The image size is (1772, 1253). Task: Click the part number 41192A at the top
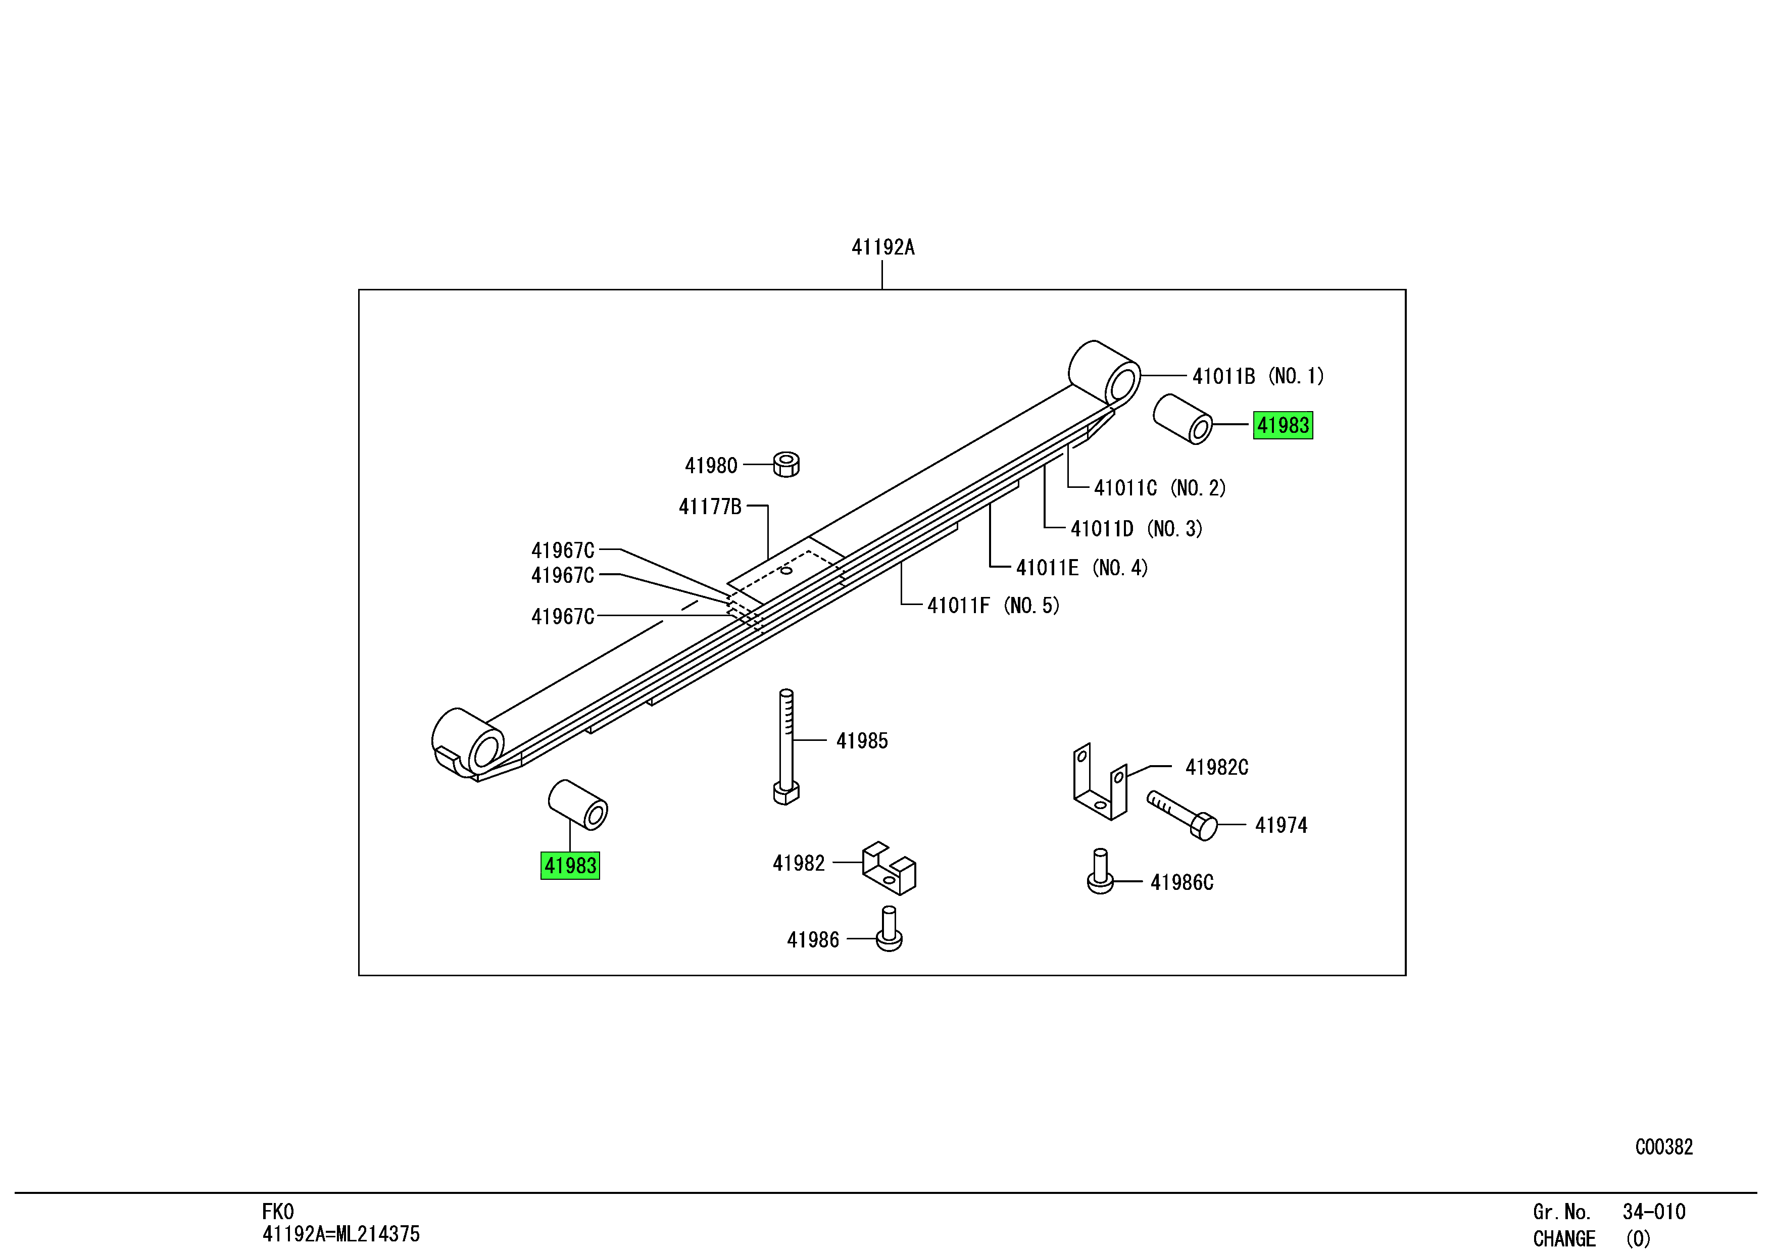(x=882, y=247)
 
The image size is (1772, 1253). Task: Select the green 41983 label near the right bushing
(x=1283, y=425)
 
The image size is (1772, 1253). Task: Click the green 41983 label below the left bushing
(x=570, y=865)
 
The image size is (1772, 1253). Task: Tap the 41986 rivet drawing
(x=889, y=930)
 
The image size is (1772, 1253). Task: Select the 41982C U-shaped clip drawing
(x=1100, y=783)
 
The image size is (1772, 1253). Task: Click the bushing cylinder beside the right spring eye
(x=1183, y=420)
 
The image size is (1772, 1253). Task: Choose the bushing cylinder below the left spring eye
(x=577, y=805)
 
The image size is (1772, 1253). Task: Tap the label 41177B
(x=709, y=507)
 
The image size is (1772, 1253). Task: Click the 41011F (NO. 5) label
(x=993, y=606)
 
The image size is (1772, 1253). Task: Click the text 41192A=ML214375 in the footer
(x=340, y=1234)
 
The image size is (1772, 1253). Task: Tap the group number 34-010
(x=1653, y=1212)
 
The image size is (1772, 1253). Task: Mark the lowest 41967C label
(x=563, y=617)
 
